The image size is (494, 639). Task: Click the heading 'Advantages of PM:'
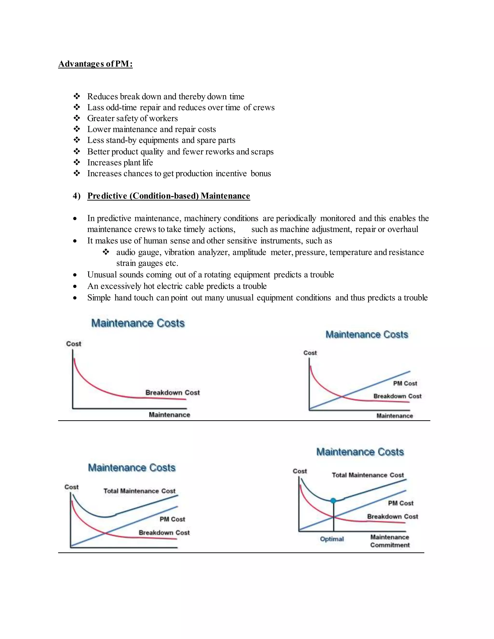[x=96, y=64]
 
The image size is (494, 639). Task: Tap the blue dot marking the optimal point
[x=333, y=501]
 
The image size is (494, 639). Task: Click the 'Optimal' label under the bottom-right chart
[x=332, y=539]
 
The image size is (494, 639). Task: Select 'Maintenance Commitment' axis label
[x=390, y=541]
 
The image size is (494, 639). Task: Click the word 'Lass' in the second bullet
[x=96, y=107]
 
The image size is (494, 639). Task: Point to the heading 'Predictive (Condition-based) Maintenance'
[x=169, y=196]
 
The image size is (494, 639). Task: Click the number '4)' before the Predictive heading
[x=76, y=196]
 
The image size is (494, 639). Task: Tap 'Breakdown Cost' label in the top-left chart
[x=172, y=393]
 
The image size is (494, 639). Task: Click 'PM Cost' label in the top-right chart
[x=405, y=383]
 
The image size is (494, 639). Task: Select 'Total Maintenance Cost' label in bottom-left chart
[x=139, y=491]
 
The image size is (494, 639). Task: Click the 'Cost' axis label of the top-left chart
[x=74, y=344]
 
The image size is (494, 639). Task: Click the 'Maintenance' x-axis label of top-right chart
[x=394, y=416]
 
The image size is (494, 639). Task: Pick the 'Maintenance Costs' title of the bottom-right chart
[x=360, y=452]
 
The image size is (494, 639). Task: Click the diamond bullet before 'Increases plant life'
[x=77, y=162]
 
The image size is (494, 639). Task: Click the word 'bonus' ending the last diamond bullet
[x=261, y=174]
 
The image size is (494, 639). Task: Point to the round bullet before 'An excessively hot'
[x=75, y=286]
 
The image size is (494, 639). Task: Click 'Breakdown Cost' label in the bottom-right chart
[x=392, y=517]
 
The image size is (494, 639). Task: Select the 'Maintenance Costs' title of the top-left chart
[x=138, y=323]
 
